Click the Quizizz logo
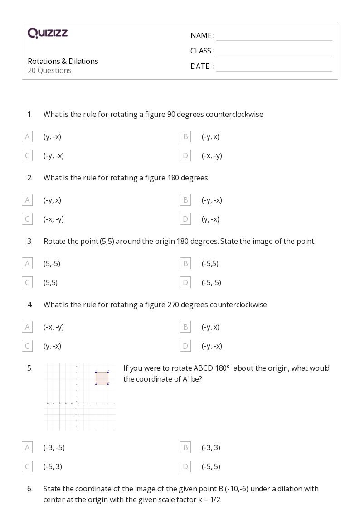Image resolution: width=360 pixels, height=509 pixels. coord(48,33)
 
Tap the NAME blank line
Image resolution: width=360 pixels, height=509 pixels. coord(274,36)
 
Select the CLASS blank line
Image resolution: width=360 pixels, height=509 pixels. coord(274,52)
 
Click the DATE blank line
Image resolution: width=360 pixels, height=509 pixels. coord(274,67)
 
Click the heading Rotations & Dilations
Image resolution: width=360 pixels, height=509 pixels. coord(63,61)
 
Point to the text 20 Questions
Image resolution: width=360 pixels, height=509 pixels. coord(49,70)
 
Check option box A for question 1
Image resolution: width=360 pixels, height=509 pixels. coord(27,136)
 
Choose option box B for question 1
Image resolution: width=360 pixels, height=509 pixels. coord(185,136)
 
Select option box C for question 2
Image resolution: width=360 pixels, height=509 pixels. coord(27,219)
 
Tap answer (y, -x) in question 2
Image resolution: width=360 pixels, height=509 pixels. coord(210,219)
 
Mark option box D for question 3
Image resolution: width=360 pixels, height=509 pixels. coord(185,282)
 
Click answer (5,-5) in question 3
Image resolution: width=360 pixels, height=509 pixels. coord(52,263)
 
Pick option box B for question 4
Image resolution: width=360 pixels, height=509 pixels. coord(185,327)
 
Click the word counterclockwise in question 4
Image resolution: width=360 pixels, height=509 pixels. coord(238,305)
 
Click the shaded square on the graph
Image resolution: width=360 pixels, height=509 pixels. coord(102,378)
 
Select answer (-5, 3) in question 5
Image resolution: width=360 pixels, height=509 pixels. coord(53,466)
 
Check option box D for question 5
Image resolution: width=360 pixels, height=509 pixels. coord(185,466)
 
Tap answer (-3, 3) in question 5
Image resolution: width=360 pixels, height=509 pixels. coord(211,447)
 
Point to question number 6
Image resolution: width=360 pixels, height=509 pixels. coord(30,489)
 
